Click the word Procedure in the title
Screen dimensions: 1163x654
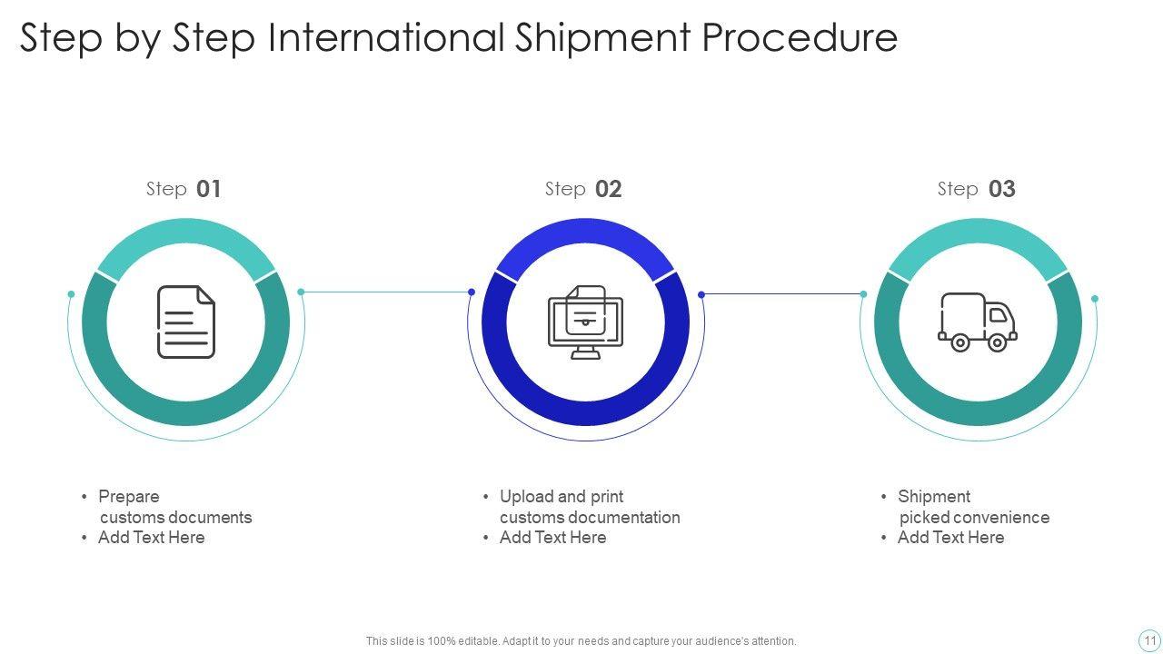[800, 38]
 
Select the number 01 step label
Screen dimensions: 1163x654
[209, 189]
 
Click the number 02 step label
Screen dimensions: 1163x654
[609, 189]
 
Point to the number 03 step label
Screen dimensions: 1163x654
[1001, 189]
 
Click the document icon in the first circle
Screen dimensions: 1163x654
[186, 322]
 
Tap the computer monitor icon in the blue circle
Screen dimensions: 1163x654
[586, 323]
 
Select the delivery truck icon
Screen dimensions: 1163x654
[978, 322]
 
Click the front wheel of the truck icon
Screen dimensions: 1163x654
[997, 342]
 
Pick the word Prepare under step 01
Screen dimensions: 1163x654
[129, 497]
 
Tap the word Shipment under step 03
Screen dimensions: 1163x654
[934, 497]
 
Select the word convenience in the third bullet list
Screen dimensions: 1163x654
[999, 518]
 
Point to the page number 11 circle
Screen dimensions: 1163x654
[1149, 640]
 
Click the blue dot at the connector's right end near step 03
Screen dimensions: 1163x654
[863, 294]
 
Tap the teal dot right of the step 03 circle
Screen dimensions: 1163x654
[1095, 299]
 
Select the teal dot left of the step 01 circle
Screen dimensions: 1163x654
[71, 294]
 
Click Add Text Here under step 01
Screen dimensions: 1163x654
[152, 538]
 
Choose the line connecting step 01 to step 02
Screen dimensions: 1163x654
[386, 292]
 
